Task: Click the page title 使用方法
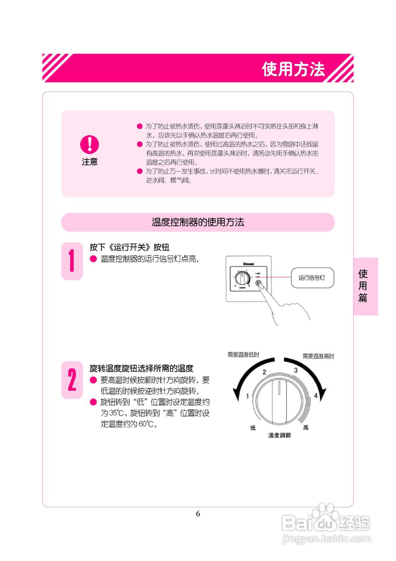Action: (x=293, y=69)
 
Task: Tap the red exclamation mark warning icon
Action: (x=89, y=144)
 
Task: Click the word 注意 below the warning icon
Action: (x=89, y=162)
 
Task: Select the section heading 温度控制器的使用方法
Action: (x=198, y=222)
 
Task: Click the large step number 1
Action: (x=72, y=261)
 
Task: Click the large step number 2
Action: (x=72, y=380)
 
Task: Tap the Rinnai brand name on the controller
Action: (x=248, y=265)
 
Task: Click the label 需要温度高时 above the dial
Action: (x=318, y=356)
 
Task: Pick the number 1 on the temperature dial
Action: (x=247, y=396)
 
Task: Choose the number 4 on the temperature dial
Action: (x=315, y=396)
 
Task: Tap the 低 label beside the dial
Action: (x=253, y=428)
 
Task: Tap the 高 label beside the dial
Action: (x=306, y=428)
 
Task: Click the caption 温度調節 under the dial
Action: (x=279, y=436)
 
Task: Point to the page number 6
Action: (x=198, y=514)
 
